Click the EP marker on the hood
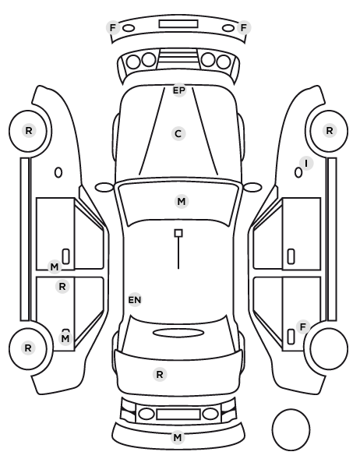tap(179, 90)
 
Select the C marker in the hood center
tap(178, 134)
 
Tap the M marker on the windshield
tap(182, 202)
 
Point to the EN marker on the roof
tap(135, 300)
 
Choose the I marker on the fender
tap(306, 163)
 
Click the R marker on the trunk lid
tap(160, 375)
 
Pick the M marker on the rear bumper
tap(178, 437)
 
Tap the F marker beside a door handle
tap(303, 327)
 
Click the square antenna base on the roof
tap(178, 233)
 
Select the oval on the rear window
tap(178, 333)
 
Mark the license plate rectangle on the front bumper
tap(178, 24)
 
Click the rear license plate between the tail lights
tap(178, 414)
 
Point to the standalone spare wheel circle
tap(291, 429)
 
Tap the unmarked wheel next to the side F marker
tap(329, 348)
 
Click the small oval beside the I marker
tap(298, 173)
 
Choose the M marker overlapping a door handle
tap(65, 338)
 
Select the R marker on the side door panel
tap(62, 287)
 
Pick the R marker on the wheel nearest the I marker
tap(330, 130)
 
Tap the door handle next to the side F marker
tap(291, 337)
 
